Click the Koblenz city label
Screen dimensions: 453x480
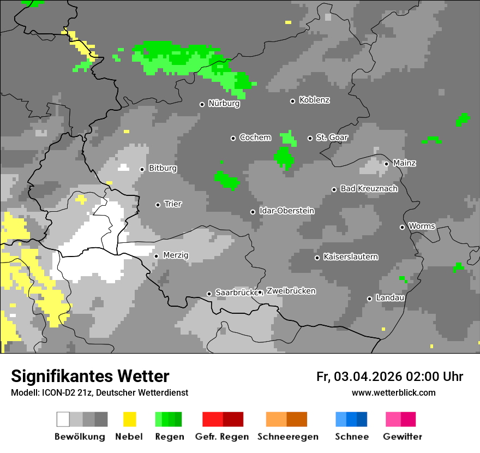click(314, 100)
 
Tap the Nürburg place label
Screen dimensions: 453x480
click(224, 104)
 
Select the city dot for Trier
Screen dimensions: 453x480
click(158, 205)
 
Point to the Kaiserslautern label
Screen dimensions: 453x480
click(350, 257)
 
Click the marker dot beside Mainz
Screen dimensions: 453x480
click(386, 164)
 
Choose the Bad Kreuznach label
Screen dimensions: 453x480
click(369, 189)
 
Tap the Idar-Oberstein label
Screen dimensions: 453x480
click(286, 211)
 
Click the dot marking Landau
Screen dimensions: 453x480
click(369, 299)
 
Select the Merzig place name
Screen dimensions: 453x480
click(175, 255)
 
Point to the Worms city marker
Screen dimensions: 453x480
click(402, 227)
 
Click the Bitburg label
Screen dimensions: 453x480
click(163, 169)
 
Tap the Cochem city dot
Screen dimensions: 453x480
click(233, 138)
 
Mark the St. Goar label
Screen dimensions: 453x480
click(332, 138)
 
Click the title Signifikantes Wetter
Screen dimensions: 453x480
click(90, 377)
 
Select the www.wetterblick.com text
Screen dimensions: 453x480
click(393, 393)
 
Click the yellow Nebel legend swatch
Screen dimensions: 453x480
click(129, 419)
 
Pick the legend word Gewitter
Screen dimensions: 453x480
click(402, 437)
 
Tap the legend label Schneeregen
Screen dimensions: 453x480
click(287, 437)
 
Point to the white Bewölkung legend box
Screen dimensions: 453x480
click(63, 419)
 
